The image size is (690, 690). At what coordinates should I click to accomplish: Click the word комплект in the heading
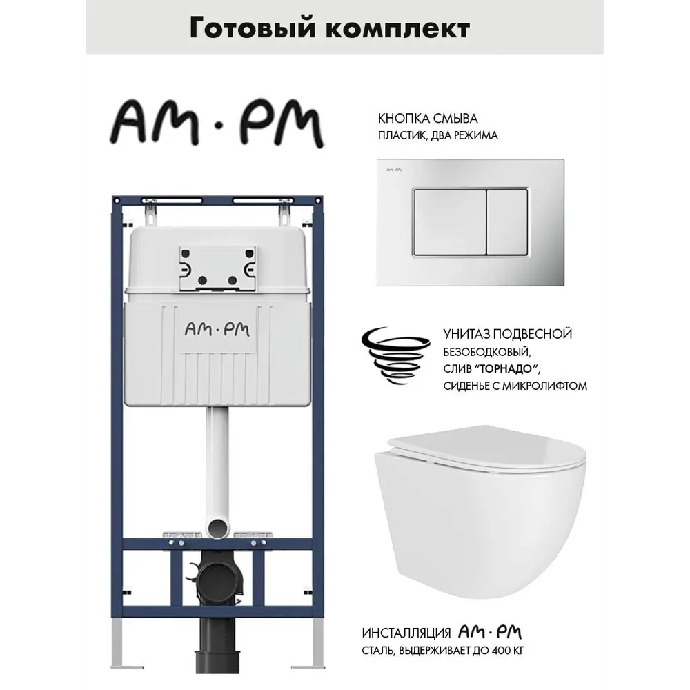click(399, 29)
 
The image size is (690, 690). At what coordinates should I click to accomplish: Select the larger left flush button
click(450, 223)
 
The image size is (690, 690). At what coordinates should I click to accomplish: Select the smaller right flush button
click(507, 223)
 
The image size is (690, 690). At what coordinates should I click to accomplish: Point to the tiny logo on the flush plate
click(394, 170)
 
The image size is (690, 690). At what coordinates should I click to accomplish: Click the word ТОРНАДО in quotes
click(507, 369)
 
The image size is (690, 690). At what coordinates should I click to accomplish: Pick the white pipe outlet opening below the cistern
click(218, 527)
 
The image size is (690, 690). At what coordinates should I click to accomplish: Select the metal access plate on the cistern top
click(217, 268)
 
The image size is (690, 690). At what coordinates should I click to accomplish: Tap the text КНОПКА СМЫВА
click(428, 119)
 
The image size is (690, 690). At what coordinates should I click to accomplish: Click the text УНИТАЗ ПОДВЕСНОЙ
click(508, 334)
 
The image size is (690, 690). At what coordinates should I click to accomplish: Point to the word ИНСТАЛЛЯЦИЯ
click(406, 633)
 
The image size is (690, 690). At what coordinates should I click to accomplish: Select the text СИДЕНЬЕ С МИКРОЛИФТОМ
click(515, 386)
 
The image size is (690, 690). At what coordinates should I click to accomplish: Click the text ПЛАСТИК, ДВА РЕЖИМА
click(438, 135)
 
